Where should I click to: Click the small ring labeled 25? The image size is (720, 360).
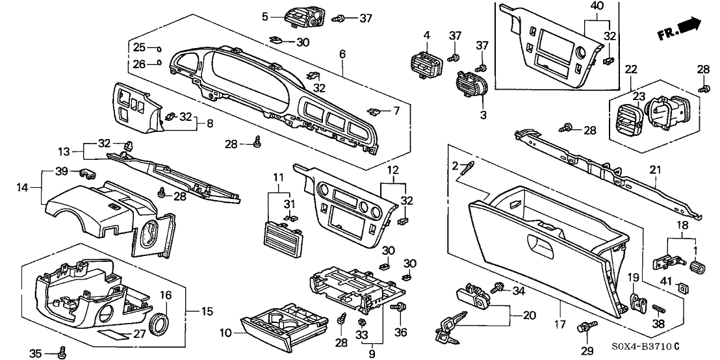pyautogui.click(x=159, y=48)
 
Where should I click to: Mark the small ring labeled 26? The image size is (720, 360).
pyautogui.click(x=159, y=63)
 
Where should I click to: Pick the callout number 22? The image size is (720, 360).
pyautogui.click(x=631, y=69)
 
